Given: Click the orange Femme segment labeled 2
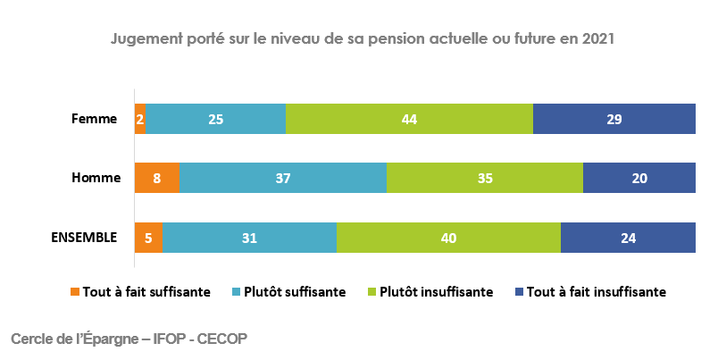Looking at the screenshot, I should coord(140,119).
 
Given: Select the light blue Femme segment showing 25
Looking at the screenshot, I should coord(215,119).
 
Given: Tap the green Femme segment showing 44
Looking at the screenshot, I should coord(409,119).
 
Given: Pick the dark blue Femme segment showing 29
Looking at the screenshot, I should coord(614,119).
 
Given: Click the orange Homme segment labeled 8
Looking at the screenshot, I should coord(157,178).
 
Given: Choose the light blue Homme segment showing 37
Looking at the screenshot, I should coord(283,178).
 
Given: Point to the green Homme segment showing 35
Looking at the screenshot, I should coord(485,178).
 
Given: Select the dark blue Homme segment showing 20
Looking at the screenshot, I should coord(639,178).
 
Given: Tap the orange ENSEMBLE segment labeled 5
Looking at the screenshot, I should coord(148,238).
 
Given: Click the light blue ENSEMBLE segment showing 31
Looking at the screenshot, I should coord(249,238).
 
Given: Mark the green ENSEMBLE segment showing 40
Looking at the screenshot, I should coord(448,238).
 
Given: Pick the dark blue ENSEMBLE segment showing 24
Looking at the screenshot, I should coord(628,238).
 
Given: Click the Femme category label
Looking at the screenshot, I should coord(96,119).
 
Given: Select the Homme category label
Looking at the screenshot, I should coord(96,178).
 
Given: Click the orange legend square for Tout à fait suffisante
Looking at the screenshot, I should coord(75,292).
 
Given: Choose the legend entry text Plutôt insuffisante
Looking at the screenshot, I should coord(435,292).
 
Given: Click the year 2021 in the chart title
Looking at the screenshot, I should coord(599,40).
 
